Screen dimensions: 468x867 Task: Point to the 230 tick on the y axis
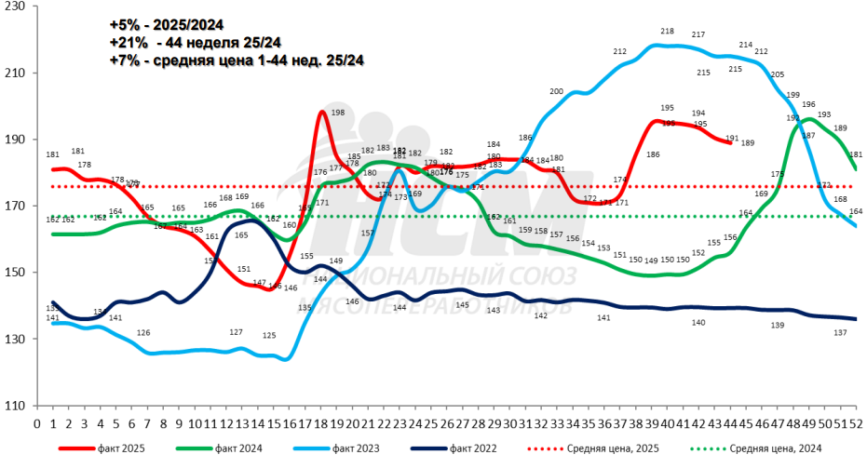[17, 7]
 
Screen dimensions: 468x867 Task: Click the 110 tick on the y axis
[17, 406]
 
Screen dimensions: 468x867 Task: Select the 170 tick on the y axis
[17, 206]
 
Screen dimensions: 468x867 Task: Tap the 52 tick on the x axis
[855, 423]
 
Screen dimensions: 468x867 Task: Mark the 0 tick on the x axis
[36, 423]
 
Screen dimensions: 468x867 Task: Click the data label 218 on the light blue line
[667, 32]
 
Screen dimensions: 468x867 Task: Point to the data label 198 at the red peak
[338, 113]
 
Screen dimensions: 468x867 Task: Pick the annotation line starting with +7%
[236, 60]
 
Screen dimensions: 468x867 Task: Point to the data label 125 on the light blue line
[269, 335]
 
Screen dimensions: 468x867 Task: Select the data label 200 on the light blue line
[557, 91]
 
